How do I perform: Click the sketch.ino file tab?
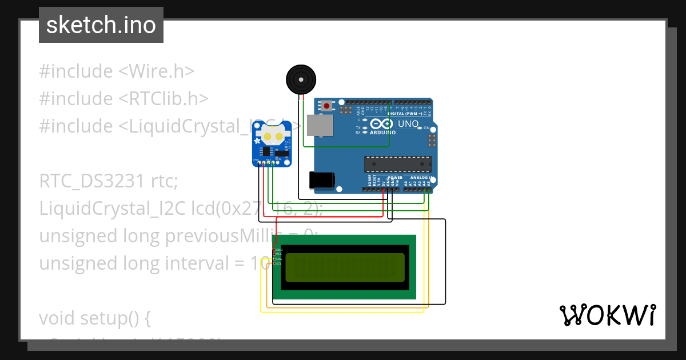[101, 25]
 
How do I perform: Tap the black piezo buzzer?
[301, 79]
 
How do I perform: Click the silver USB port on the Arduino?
[320, 126]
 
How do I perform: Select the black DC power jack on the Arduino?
[321, 179]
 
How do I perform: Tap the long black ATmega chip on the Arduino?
[398, 164]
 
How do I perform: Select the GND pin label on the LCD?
[279, 250]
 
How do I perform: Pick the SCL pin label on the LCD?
[279, 263]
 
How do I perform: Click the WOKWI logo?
[607, 315]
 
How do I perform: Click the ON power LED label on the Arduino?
[426, 128]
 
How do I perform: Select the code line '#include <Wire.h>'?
[117, 71]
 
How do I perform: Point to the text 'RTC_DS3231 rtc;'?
[109, 181]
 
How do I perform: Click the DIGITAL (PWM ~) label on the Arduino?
[406, 113]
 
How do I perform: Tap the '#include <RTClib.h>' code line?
[123, 99]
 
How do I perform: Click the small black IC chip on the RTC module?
[266, 151]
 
